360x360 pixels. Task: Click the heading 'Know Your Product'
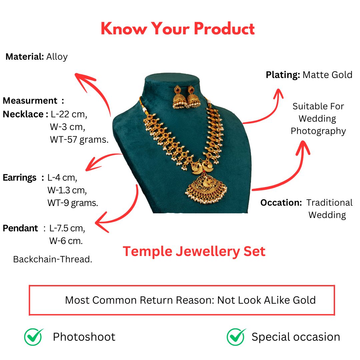point(178,28)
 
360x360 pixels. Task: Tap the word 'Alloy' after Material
point(57,57)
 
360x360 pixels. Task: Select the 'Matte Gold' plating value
point(327,75)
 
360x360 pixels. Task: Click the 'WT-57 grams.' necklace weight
point(79,140)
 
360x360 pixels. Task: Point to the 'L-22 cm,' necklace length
point(69,114)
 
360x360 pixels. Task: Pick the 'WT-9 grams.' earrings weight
point(73,203)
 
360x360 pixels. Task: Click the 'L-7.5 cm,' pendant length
point(67,228)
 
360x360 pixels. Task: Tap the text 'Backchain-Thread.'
point(53,259)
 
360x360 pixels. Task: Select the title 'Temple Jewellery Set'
point(194,251)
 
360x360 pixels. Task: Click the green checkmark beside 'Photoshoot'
point(34,337)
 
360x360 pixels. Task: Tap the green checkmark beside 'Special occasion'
point(236,337)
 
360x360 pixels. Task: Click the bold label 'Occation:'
point(281,203)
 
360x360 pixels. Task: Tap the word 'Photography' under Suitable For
point(318,131)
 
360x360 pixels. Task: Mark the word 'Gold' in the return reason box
point(304,300)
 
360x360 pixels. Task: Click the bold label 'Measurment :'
point(33,101)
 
